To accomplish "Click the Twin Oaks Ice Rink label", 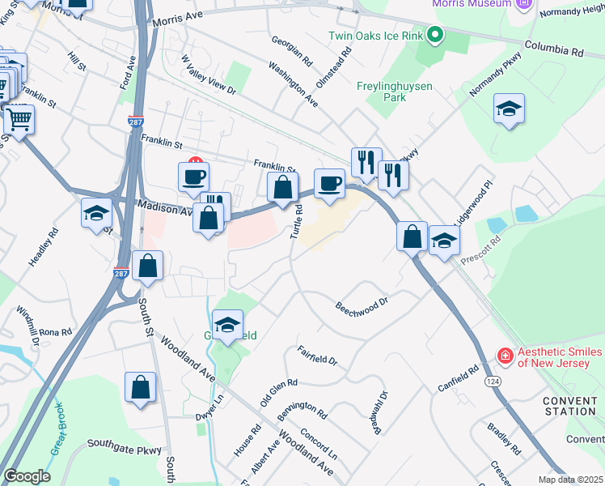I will tap(377, 36).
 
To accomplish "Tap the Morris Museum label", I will tap(472, 4).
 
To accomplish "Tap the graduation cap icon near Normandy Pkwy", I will tap(509, 109).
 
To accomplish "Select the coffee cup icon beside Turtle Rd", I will tap(329, 184).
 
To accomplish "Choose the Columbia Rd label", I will tap(554, 50).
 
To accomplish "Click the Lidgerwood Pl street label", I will tap(472, 207).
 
